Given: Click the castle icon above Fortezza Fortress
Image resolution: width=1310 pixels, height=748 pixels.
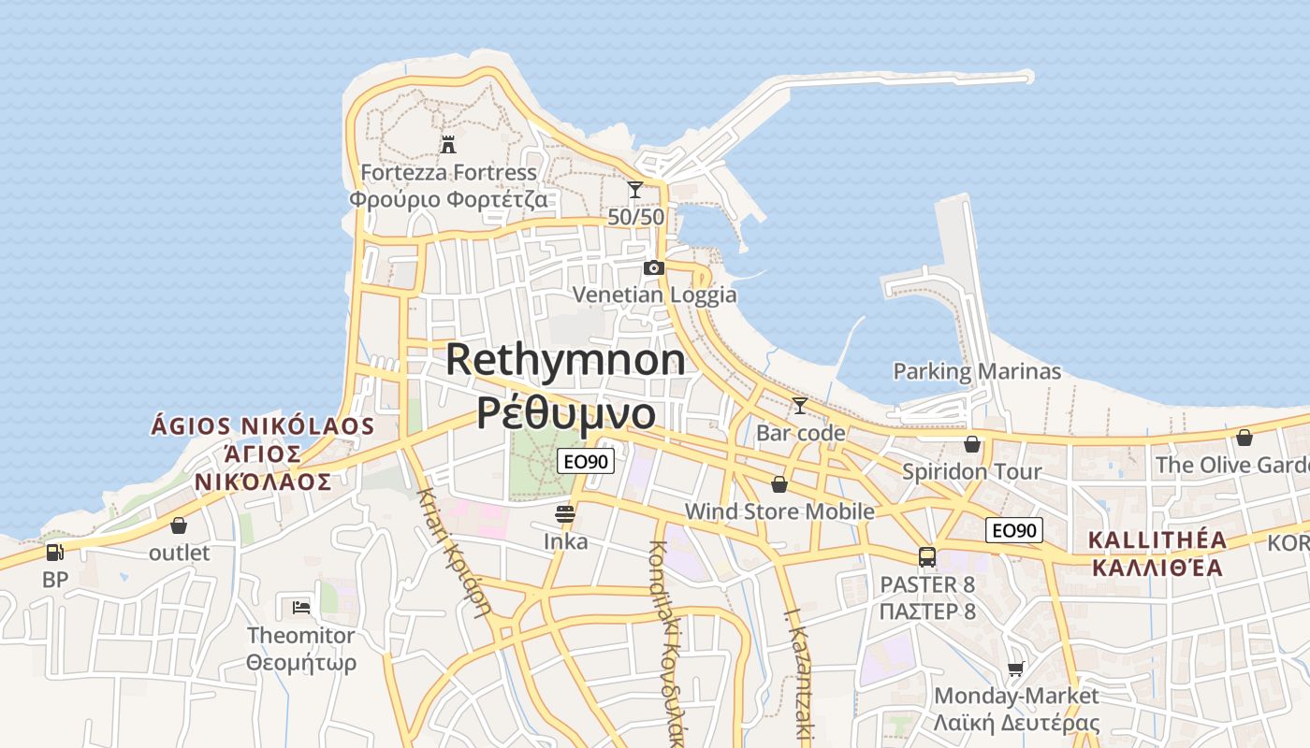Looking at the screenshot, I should tap(448, 145).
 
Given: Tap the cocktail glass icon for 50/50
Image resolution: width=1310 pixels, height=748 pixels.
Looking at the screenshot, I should tap(635, 190).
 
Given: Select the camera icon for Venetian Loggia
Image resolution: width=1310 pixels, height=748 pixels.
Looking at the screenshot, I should tap(654, 268).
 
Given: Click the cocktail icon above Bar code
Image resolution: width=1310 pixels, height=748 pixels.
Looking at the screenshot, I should tap(800, 406).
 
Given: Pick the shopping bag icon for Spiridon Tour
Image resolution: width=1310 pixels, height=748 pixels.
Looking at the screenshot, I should tap(972, 444).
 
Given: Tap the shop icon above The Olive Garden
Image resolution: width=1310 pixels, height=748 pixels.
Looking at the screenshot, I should tap(1244, 438).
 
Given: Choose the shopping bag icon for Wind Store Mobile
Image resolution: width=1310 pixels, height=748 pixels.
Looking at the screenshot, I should tap(779, 484).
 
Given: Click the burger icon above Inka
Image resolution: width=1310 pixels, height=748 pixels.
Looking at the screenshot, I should tap(565, 513).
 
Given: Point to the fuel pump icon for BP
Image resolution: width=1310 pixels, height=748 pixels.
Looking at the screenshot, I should tap(55, 553).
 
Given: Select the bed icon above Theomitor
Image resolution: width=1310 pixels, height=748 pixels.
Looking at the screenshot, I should tap(300, 608).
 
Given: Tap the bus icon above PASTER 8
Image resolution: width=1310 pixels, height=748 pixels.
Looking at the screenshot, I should tap(927, 557).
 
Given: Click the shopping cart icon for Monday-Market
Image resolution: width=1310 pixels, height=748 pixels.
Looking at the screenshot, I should tap(1016, 669).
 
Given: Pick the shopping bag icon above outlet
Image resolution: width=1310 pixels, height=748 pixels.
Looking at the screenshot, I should tap(179, 525).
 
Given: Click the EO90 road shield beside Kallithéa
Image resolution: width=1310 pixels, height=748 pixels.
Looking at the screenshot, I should tap(1013, 531).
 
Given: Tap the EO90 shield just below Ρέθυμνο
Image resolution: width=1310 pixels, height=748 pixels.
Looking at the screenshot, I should tap(586, 460).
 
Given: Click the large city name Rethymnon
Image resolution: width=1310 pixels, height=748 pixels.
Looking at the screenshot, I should tap(565, 360).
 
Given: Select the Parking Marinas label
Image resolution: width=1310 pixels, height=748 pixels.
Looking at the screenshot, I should tap(977, 372).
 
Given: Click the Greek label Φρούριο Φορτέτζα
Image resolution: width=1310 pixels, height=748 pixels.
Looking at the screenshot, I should tap(448, 199).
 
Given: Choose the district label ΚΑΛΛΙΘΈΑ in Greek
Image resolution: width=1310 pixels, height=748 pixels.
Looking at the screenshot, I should tap(1157, 568).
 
